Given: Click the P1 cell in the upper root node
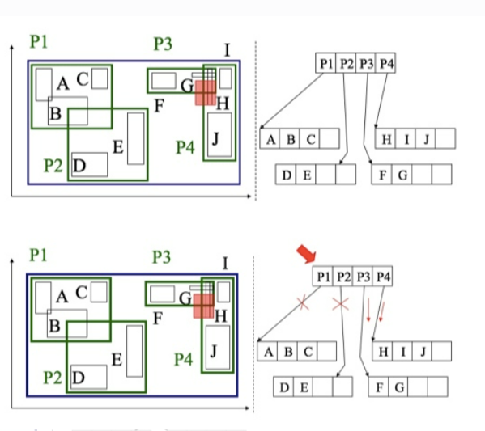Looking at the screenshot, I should [x=326, y=63].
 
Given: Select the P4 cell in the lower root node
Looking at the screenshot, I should [x=383, y=277].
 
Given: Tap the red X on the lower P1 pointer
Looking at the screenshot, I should [x=302, y=304].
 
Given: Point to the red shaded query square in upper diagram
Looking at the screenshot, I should [x=205, y=91].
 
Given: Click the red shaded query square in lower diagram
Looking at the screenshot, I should [x=203, y=305].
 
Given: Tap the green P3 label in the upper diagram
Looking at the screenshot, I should [x=162, y=44].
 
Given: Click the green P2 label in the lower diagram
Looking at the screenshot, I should [x=53, y=377].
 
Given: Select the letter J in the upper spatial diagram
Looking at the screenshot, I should [x=215, y=137].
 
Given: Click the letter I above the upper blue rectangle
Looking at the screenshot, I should [x=227, y=50].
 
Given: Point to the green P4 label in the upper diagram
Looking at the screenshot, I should [x=185, y=147].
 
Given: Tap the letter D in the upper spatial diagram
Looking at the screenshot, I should [x=79, y=166].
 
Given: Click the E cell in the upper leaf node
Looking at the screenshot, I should [x=304, y=175].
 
